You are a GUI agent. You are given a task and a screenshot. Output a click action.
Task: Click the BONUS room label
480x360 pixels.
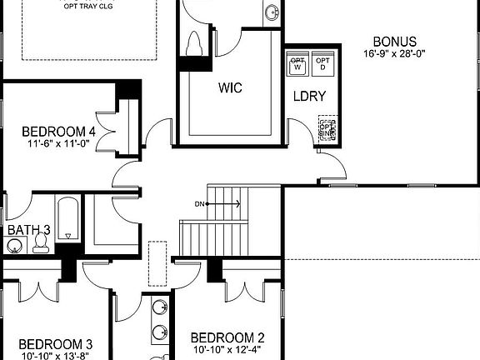pyautogui.click(x=394, y=42)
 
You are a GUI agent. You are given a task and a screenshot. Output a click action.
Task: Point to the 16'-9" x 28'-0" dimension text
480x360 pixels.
pyautogui.click(x=395, y=55)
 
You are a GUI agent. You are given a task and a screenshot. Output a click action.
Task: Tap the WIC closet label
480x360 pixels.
pyautogui.click(x=230, y=87)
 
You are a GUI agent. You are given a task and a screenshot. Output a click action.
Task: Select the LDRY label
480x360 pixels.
pyautogui.click(x=308, y=97)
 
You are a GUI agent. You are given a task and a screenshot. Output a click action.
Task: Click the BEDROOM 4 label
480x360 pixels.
pyautogui.click(x=58, y=131)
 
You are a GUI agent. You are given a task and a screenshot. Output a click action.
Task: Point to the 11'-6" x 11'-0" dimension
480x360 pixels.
pyautogui.click(x=57, y=143)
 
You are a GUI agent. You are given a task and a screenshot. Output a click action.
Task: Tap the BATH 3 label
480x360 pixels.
pyautogui.click(x=28, y=230)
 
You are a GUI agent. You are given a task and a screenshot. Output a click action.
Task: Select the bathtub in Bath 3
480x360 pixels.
pyautogui.click(x=67, y=220)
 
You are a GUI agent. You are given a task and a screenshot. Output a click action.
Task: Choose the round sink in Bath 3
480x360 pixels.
pyautogui.click(x=14, y=246)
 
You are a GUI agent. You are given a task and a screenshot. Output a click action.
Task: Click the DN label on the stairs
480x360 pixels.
pyautogui.click(x=200, y=203)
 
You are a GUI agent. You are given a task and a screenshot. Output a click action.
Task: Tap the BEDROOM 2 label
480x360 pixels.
pyautogui.click(x=227, y=337)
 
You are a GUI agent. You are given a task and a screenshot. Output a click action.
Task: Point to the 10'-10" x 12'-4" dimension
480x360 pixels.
pyautogui.click(x=227, y=350)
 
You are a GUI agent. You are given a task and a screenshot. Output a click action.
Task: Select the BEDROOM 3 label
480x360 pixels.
pyautogui.click(x=55, y=343)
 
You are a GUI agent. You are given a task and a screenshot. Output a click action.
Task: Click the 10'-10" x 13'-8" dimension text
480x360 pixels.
pyautogui.click(x=55, y=356)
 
